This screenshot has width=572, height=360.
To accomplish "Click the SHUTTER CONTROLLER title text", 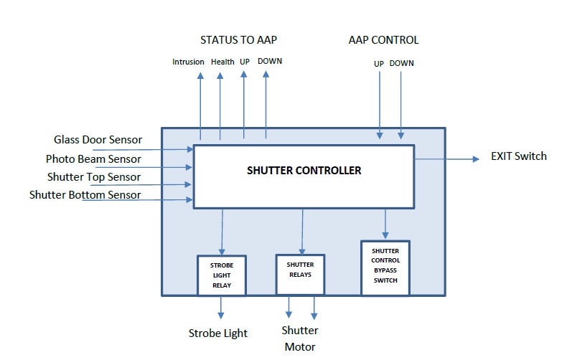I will tap(304, 171).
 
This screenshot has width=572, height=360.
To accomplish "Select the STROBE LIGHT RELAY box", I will tap(221, 275).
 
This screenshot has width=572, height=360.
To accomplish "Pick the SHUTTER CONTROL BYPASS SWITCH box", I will tap(385, 267).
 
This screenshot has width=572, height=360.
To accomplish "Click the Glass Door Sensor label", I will tap(98, 139).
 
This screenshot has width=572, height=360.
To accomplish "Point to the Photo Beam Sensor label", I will tap(93, 158).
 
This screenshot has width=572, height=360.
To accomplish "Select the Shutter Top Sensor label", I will tap(93, 176).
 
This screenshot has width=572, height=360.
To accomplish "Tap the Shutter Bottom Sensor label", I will tap(85, 194).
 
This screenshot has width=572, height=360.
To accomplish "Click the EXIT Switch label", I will tap(518, 156).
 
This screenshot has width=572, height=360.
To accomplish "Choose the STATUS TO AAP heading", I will tap(238, 39).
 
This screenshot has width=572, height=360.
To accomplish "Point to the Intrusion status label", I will tap(188, 62).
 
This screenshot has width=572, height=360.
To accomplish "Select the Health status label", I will tap(222, 62).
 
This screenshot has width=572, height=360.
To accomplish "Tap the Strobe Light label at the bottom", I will tap(217, 333).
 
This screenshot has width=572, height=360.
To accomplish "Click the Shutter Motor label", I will tap(299, 338).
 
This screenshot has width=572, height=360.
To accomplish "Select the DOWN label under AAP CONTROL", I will tap(401, 63).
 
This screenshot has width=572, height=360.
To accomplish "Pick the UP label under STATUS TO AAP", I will tap(245, 62).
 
